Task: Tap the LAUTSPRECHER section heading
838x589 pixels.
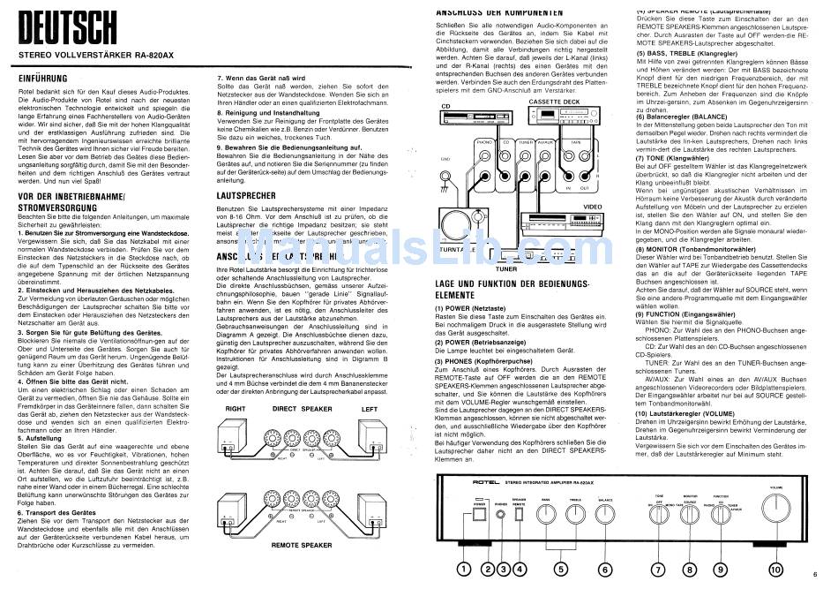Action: click(248, 195)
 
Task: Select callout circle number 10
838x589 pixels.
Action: click(775, 570)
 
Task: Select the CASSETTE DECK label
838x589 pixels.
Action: click(554, 102)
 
